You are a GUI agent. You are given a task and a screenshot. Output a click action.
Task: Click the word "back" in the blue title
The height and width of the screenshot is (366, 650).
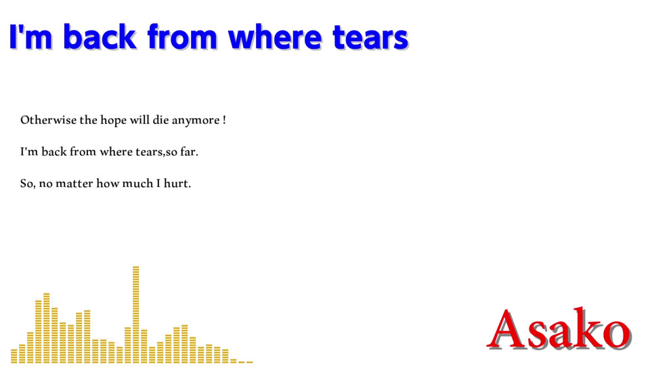pos(100,37)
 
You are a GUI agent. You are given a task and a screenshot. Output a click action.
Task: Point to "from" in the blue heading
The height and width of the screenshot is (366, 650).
pos(182,37)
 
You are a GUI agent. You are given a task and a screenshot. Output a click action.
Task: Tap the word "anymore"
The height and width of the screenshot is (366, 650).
pos(196,121)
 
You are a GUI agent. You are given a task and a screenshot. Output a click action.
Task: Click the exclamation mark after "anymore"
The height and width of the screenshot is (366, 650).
pos(224,120)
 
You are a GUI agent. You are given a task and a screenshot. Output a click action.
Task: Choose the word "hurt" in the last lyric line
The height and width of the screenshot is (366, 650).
pos(177,183)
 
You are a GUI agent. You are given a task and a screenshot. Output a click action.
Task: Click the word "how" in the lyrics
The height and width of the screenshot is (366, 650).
pos(108,183)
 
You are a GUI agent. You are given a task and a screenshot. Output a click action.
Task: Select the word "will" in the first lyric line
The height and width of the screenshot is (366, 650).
pos(139,120)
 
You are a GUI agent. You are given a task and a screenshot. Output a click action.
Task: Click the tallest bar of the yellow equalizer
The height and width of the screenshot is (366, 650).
pos(136,314)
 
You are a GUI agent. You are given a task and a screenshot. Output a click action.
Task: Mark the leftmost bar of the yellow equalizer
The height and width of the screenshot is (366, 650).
pos(14,356)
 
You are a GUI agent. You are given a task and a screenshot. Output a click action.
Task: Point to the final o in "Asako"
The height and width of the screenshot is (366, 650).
pos(617,333)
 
